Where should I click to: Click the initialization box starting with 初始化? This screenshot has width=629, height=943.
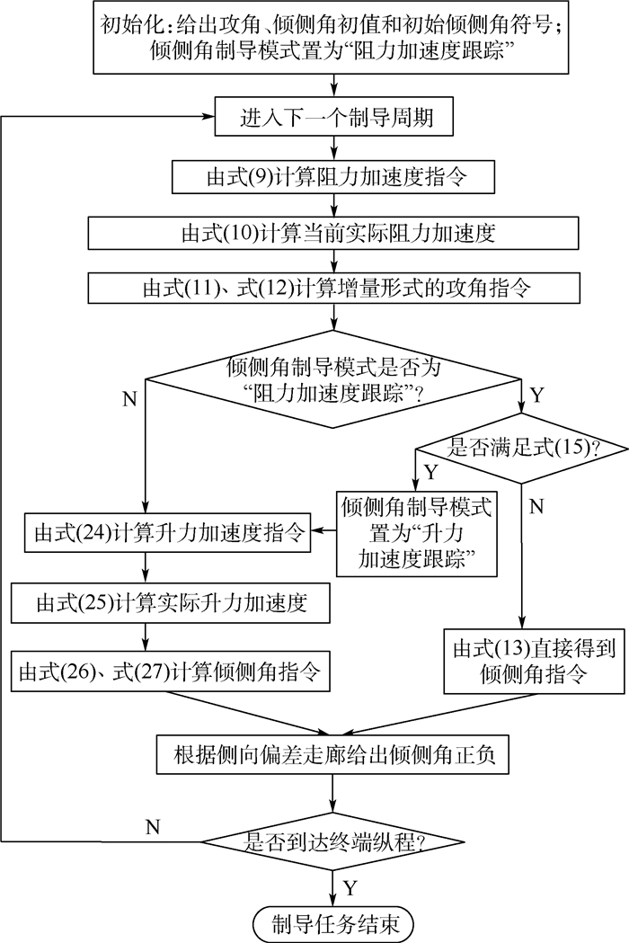coord(333,38)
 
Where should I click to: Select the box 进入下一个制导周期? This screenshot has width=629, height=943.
coord(334,119)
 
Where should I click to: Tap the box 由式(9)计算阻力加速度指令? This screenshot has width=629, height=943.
coord(334,176)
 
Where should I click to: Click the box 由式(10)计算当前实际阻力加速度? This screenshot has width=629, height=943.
coord(334,234)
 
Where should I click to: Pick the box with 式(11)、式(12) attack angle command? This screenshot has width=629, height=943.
coord(334,289)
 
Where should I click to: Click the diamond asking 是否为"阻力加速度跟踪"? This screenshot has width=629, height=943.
coord(334,380)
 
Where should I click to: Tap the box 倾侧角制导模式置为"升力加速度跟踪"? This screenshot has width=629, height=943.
coord(416,533)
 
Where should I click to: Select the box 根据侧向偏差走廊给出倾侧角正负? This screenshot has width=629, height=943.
coord(334,757)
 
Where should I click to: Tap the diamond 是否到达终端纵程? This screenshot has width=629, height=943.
coord(334,843)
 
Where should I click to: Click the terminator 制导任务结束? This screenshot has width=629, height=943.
coord(334,922)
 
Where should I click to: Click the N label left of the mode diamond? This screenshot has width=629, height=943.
coord(129,399)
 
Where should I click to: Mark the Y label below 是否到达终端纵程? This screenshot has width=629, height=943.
coord(350,888)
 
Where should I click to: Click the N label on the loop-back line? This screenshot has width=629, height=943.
coord(154,825)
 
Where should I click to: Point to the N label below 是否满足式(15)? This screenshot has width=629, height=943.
coord(536,506)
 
